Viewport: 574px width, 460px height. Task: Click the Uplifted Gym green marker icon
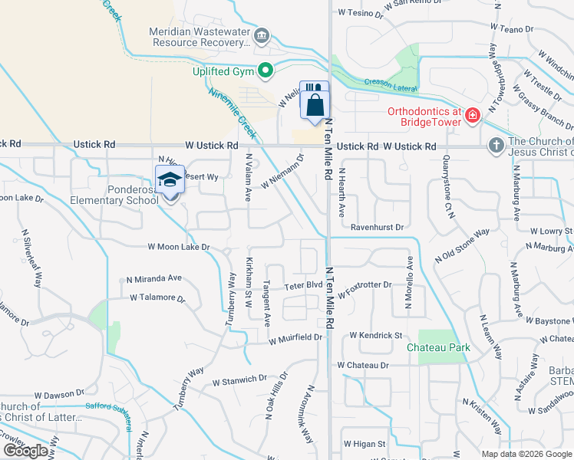pos(266,71)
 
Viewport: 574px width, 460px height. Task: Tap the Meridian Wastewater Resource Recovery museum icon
pos(262,35)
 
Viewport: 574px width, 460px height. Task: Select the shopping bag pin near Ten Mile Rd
pos(315,105)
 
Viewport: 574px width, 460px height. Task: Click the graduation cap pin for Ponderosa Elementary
pos(169,180)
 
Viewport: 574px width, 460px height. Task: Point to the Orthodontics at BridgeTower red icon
pos(472,117)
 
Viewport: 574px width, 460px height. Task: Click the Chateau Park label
pos(438,347)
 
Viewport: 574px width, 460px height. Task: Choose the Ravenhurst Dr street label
pos(377,228)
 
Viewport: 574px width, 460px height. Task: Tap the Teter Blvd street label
pos(303,284)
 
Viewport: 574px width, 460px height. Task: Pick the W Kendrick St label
pos(376,336)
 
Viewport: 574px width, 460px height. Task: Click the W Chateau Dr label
pos(363,366)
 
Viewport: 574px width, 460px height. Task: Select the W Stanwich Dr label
pos(239,379)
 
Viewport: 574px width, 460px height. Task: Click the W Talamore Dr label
pos(158,297)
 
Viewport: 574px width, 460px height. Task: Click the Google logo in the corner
pos(25,451)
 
